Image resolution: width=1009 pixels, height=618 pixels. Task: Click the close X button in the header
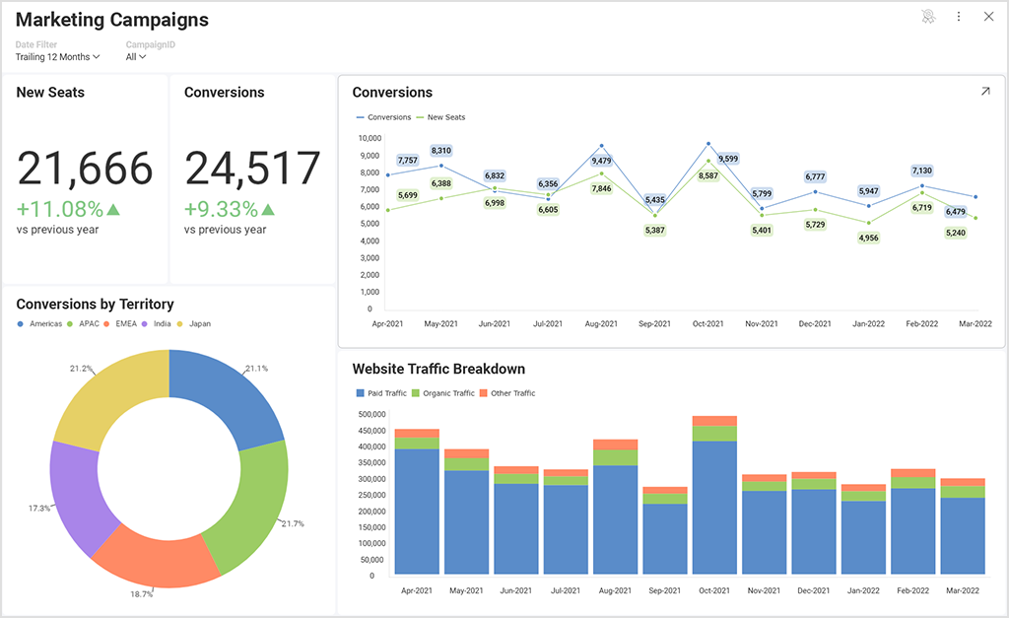988,17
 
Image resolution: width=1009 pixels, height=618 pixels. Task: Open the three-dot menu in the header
959,17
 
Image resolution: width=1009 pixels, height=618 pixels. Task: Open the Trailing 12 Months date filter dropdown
57,57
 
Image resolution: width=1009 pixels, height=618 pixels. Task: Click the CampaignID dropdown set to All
136,57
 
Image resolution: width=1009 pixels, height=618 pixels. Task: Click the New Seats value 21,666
86,169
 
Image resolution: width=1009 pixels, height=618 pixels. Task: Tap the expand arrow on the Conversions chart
985,92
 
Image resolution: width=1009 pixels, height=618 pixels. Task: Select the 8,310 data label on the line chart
440,151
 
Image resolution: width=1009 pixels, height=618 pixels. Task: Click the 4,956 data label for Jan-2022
868,238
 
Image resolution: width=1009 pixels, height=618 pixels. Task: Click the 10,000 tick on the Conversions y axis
369,139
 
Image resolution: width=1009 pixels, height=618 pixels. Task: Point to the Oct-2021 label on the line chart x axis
708,324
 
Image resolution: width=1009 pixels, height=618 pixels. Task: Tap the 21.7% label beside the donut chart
292,522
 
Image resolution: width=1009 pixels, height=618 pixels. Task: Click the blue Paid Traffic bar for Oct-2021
714,507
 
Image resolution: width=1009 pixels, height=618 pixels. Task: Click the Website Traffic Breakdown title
438,370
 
